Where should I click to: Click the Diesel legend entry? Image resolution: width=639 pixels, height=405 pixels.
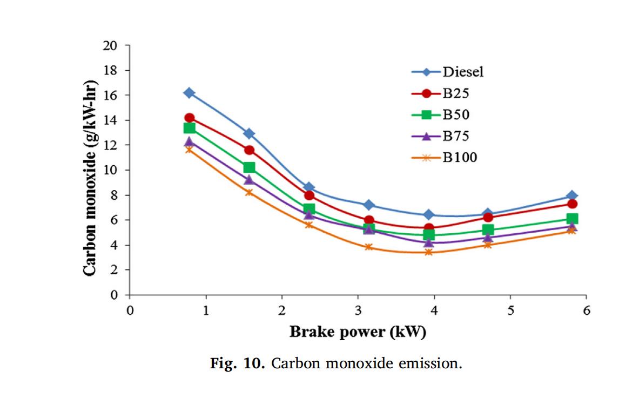pos(462,72)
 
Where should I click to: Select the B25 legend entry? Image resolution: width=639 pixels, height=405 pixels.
pos(456,93)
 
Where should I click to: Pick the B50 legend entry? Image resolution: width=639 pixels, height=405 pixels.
pos(456,114)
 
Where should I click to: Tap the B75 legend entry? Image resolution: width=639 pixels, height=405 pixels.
pos(456,136)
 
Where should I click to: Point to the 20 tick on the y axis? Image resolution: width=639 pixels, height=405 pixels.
pos(110,45)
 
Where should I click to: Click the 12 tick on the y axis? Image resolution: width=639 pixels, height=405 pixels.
pos(110,145)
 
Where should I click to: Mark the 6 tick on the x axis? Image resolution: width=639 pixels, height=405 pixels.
pos(587,310)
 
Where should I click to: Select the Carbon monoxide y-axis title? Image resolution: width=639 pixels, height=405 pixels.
pos(91,171)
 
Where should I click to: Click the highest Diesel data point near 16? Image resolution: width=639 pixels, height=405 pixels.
pos(189,93)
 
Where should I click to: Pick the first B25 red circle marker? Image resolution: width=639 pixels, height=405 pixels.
pos(189,118)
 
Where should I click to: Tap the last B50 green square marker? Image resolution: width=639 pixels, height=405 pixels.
pos(573,219)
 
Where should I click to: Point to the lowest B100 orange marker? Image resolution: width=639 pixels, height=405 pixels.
pos(429,252)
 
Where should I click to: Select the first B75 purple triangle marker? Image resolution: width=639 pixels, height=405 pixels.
pos(189,142)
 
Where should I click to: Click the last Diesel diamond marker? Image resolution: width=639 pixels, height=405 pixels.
pos(573,195)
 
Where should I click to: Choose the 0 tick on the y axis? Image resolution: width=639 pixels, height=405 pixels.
pos(113,295)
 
